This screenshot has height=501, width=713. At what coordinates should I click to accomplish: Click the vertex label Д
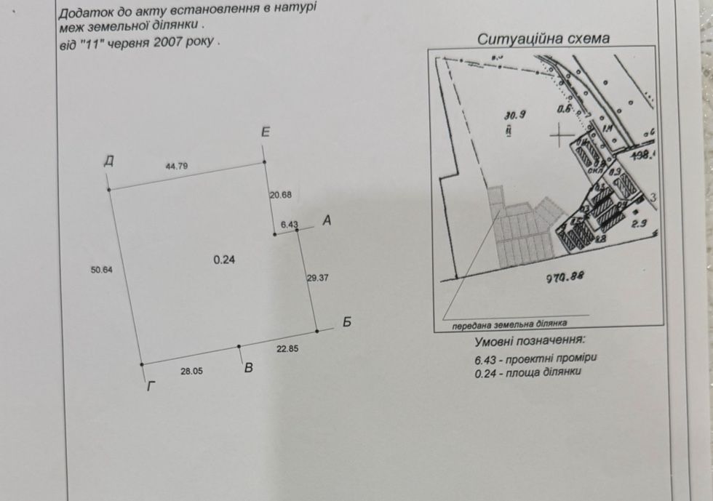(108, 161)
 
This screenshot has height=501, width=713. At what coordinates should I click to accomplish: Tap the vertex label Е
(266, 132)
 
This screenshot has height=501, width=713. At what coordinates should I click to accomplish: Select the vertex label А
(327, 220)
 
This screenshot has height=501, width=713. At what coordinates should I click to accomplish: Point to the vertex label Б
(347, 322)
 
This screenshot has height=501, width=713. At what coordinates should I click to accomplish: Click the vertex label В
(248, 368)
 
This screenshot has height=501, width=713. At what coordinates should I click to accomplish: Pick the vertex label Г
(151, 386)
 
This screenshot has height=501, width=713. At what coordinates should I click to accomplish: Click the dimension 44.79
(177, 167)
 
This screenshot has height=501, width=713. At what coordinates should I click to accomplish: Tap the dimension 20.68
(280, 195)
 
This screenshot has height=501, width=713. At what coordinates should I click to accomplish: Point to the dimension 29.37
(319, 277)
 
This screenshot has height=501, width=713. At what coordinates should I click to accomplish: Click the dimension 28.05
(191, 371)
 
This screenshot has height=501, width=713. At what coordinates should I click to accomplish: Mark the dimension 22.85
(288, 348)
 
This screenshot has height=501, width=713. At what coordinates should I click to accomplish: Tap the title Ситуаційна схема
(543, 39)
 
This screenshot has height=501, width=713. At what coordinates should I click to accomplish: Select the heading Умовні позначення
(529, 340)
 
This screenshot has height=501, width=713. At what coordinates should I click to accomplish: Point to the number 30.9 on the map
(514, 113)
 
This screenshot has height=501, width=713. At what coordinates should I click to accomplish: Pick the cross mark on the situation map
(559, 136)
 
